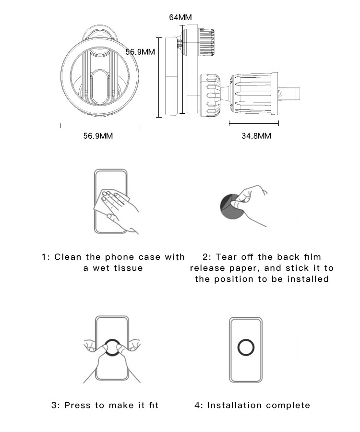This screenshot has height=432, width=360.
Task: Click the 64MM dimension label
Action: pyautogui.click(x=180, y=17)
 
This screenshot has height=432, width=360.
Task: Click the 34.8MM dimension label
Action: pyautogui.click(x=256, y=136)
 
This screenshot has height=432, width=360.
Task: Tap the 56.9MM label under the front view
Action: pyautogui.click(x=98, y=136)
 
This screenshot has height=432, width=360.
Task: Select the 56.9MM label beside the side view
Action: pyautogui.click(x=140, y=52)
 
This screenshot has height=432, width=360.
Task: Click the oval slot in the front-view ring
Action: pyautogui.click(x=99, y=87)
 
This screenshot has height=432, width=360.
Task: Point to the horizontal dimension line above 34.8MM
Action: pyautogui.click(x=254, y=123)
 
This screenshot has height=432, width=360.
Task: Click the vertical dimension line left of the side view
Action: pyautogui.click(x=159, y=77)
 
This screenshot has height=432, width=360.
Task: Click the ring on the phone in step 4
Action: pyautogui.click(x=246, y=339)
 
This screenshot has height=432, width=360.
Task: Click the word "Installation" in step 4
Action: pyautogui.click(x=234, y=405)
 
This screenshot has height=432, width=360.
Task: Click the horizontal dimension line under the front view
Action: pyautogui.click(x=99, y=126)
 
